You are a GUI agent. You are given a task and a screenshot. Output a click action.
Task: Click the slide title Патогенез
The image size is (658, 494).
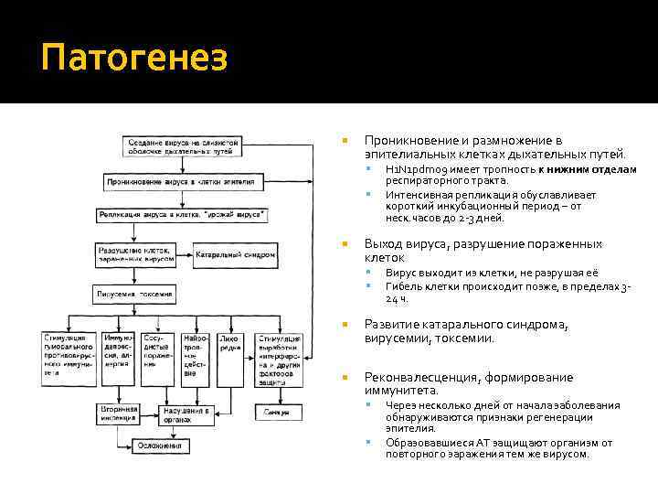(133, 59)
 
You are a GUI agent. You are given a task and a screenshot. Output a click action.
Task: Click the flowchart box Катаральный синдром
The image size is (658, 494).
(235, 254)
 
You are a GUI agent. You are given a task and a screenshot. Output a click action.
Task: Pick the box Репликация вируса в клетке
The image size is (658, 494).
(183, 215)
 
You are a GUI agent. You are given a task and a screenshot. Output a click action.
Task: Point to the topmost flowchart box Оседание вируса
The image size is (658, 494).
(183, 146)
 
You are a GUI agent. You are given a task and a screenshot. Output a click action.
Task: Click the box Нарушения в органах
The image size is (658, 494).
(186, 413)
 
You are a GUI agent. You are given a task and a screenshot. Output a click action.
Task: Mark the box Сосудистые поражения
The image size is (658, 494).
(157, 351)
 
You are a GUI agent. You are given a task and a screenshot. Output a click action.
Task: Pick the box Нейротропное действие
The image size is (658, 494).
(195, 356)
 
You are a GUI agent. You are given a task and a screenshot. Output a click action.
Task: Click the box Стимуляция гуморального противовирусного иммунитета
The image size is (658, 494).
(69, 356)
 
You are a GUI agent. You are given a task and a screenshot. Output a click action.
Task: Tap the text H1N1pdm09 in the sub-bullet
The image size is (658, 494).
(417, 170)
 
